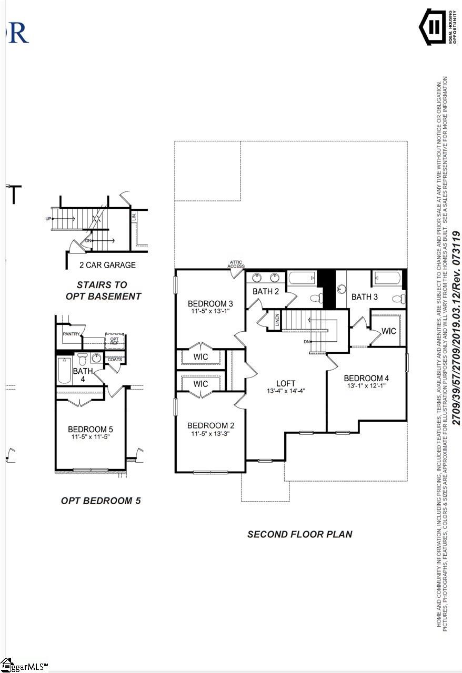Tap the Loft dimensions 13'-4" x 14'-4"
point(286,391)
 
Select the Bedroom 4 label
point(366,378)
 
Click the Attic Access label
point(236,264)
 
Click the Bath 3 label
point(365,297)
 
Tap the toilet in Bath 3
point(399,298)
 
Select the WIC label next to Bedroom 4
point(388,331)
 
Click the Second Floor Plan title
point(299,534)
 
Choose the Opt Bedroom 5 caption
point(101,501)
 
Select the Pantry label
point(71,333)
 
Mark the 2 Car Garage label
point(107,265)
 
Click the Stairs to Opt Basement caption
point(103,290)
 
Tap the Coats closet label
point(115,360)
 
